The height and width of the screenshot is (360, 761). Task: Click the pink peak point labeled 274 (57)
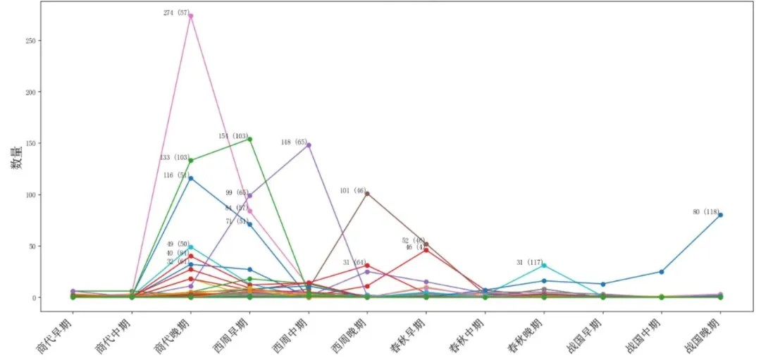[191, 15]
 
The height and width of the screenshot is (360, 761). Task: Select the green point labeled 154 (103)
[250, 139]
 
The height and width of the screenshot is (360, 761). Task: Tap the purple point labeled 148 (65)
[309, 145]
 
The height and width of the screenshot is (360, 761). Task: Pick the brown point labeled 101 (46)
[367, 193]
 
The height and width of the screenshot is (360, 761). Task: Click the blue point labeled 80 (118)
[720, 215]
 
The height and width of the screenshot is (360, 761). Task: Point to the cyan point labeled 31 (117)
[544, 266]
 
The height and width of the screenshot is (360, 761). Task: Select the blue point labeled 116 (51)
[191, 178]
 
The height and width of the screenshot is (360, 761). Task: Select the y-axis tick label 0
[33, 298]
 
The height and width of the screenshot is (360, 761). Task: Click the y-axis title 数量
[15, 163]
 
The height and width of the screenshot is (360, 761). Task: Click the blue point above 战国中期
[662, 272]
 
